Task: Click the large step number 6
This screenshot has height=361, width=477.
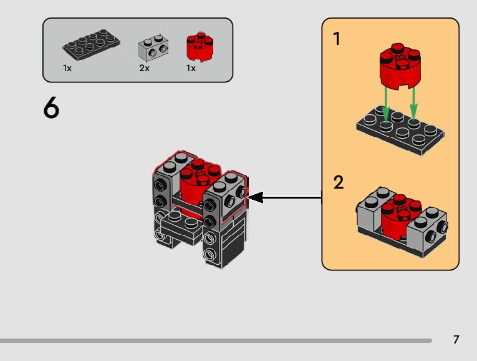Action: (x=51, y=109)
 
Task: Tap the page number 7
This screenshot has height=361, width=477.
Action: (x=456, y=340)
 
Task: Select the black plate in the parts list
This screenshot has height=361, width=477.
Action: (x=92, y=45)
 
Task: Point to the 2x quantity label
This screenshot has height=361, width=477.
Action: (x=144, y=68)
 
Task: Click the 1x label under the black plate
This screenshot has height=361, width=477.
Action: (x=67, y=68)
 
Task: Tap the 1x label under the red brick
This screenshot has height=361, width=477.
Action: (x=191, y=68)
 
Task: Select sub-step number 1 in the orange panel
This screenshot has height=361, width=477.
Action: (x=337, y=39)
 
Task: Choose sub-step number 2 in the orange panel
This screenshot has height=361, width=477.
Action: (x=338, y=182)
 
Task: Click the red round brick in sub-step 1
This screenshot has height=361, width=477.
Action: (x=398, y=65)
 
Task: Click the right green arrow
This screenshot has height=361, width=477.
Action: (x=413, y=101)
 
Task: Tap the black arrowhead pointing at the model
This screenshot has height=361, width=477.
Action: (x=255, y=198)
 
